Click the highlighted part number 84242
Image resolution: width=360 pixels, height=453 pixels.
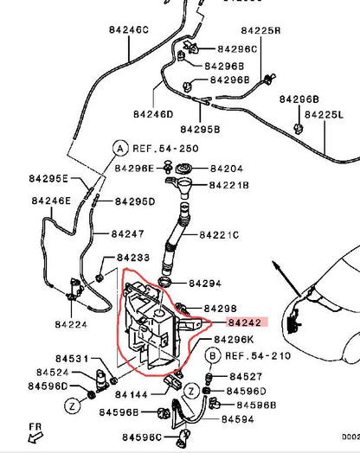coord(245,322)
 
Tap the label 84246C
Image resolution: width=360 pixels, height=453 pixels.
coord(129,29)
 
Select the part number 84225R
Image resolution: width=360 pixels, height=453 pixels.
coord(260,30)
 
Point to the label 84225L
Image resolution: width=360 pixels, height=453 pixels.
coord(325,115)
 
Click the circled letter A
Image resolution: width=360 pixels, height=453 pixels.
coord(120,149)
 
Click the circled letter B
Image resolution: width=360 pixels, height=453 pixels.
coord(213,355)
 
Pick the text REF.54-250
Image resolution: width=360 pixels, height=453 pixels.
coord(165,149)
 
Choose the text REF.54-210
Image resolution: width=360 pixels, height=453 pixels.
coord(258,355)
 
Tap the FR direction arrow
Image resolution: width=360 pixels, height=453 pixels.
coord(35,437)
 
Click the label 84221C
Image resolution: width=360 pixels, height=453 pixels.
coord(219,235)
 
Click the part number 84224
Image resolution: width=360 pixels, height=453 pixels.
coord(71,324)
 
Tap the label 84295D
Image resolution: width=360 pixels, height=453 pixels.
coord(135,201)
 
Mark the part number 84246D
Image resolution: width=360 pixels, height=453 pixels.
coord(153,114)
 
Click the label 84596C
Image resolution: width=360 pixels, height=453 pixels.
coord(142,437)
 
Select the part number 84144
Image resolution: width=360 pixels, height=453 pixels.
coord(132,394)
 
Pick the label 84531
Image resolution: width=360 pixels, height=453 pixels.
coord(72,359)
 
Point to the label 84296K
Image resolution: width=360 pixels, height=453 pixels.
coord(234,340)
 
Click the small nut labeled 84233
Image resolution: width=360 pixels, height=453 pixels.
coord(100,278)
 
